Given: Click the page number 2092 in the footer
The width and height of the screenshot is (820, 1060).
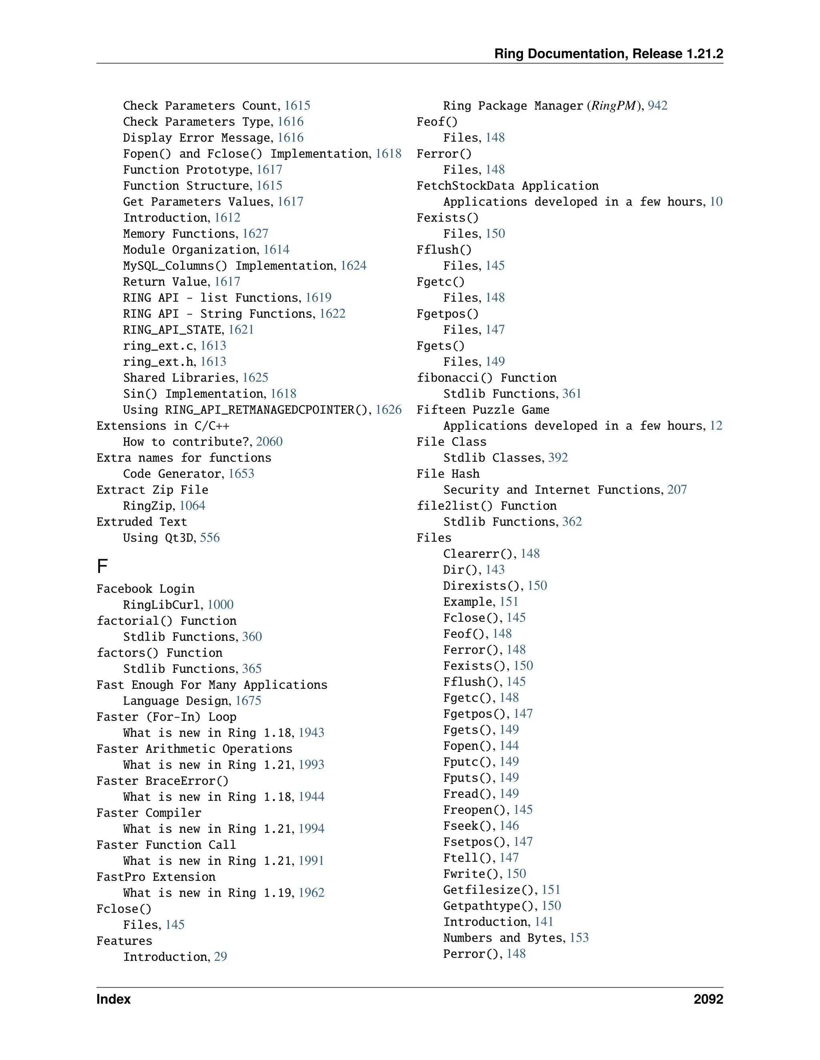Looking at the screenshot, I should click(708, 999).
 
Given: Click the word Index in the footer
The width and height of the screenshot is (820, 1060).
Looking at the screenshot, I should click(114, 999).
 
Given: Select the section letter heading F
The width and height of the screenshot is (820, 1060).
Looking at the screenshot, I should click(102, 566).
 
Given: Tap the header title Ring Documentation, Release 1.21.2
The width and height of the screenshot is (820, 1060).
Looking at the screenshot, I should click(608, 54).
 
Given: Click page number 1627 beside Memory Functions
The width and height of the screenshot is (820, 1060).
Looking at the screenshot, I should click(255, 234).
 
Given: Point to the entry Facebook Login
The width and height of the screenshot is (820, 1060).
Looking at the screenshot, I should click(145, 589).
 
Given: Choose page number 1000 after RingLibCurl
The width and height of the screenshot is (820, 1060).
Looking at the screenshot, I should click(220, 605).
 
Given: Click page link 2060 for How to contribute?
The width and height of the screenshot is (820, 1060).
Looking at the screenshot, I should click(269, 442).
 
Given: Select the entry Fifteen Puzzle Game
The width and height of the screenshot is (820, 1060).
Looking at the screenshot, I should click(483, 410).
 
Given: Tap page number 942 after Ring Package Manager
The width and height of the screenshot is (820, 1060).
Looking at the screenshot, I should click(657, 106).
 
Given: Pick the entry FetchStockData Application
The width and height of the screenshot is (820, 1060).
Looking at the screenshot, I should click(508, 186).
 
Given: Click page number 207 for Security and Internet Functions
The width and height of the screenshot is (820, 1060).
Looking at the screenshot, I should click(677, 490).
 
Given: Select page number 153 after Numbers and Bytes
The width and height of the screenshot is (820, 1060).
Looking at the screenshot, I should click(579, 938).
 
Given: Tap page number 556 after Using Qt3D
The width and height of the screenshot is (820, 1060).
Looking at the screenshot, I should click(210, 538).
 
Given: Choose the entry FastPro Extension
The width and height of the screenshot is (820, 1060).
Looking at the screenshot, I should click(156, 877).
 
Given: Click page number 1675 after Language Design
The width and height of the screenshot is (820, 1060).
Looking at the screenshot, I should click(248, 701).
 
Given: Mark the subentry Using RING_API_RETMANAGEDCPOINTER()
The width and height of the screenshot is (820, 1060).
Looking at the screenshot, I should click(247, 410).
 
